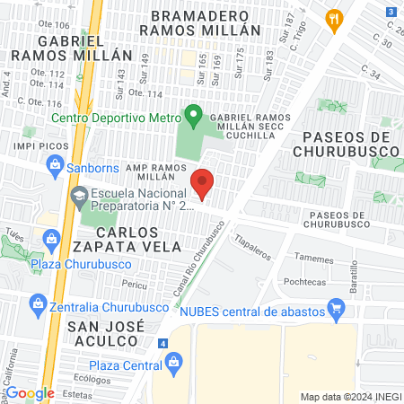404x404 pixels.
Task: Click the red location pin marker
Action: point(202,183)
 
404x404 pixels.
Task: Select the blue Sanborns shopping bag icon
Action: point(55,166)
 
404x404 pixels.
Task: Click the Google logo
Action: point(29,392)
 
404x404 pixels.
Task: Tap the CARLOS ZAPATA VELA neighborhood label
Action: point(101,238)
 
